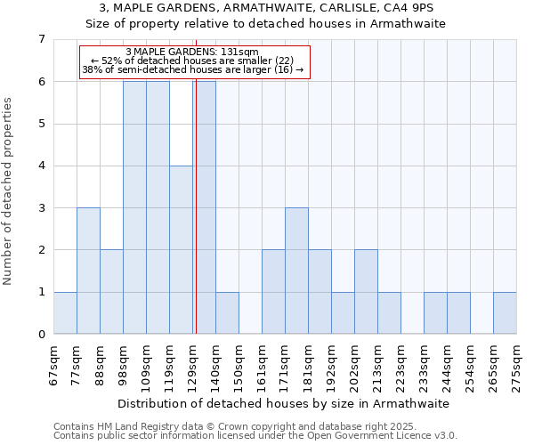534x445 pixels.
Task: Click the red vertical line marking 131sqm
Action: [x=195, y=205]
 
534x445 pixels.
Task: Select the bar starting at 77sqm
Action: [x=88, y=271]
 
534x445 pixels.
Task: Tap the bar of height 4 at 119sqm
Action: [x=181, y=249]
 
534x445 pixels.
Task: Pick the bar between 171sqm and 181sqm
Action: [x=296, y=271]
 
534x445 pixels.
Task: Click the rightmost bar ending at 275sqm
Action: [x=505, y=312]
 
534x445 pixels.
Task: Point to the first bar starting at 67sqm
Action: [x=65, y=312]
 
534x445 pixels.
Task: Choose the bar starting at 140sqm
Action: [x=227, y=312]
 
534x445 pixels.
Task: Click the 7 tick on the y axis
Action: [x=41, y=39]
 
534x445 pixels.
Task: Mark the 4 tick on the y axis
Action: [x=41, y=166]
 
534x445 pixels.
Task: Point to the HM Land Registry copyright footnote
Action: [x=255, y=426]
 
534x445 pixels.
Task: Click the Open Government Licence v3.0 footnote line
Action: [x=255, y=436]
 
